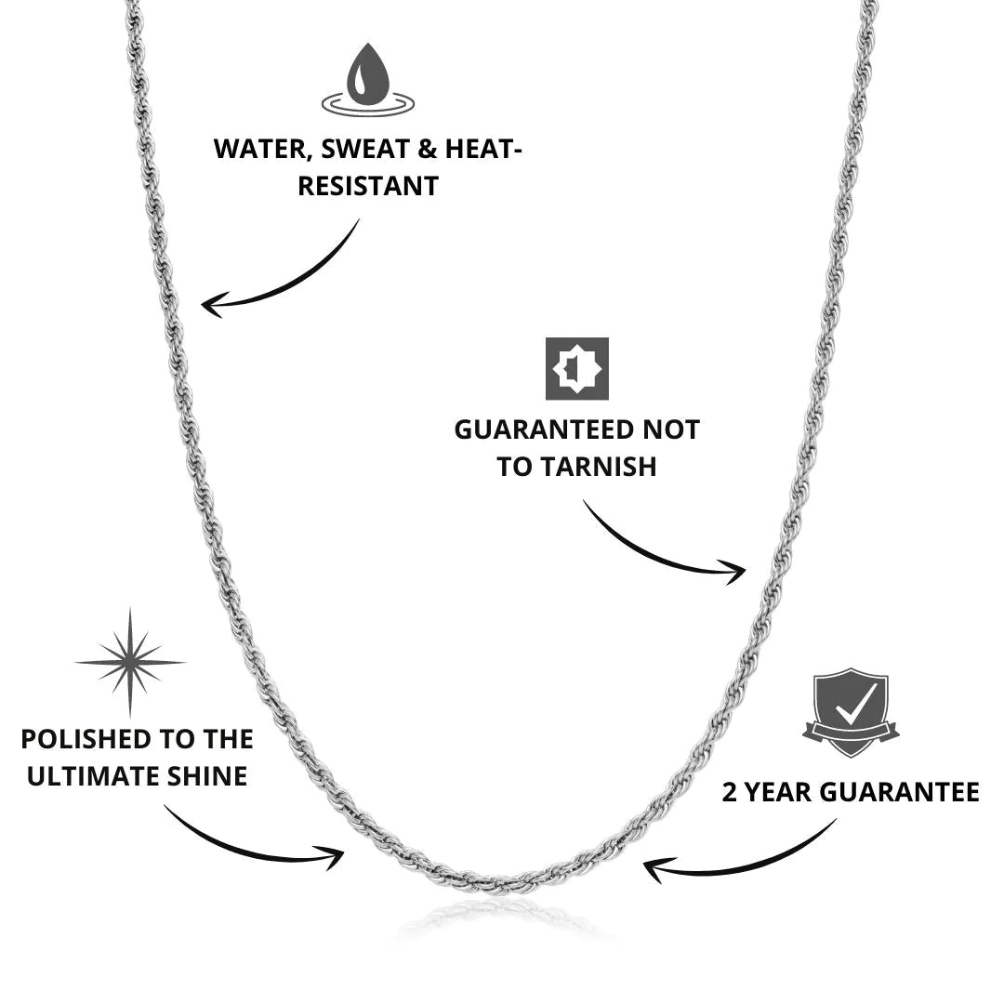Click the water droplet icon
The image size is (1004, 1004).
tap(367, 77)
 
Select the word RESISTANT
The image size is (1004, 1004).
tap(367, 185)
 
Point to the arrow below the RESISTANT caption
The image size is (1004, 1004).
tap(279, 274)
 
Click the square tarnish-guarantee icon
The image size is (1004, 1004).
tap(576, 368)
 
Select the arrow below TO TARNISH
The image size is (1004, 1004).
tap(664, 544)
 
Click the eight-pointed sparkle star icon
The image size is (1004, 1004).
tap(130, 663)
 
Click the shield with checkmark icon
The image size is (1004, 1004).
tap(851, 711)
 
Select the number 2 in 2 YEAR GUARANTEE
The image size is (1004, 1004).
tap(730, 792)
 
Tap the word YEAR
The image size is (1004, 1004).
tap(778, 792)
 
